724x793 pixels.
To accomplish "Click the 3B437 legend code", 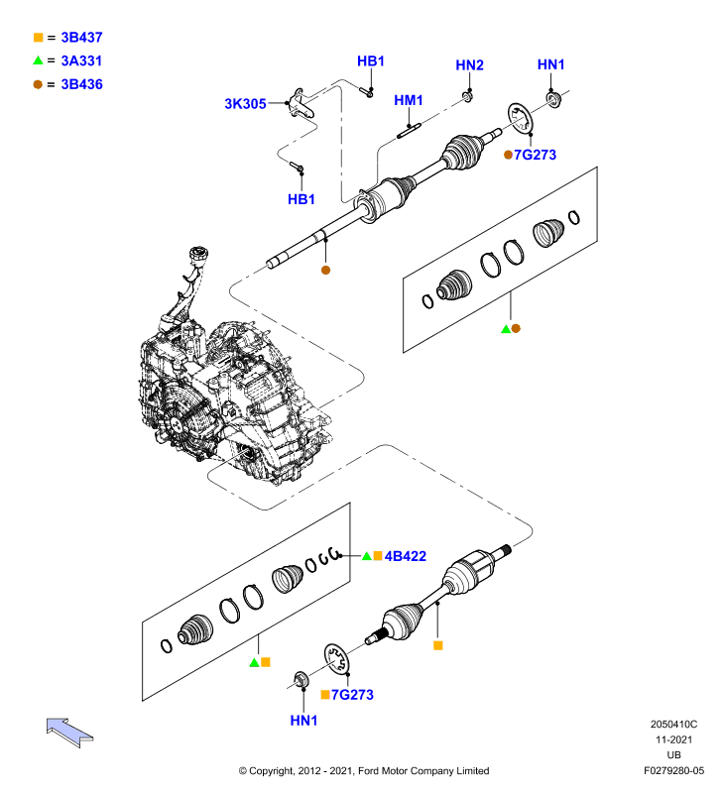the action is [x=81, y=38].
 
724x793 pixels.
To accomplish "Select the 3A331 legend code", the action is [x=81, y=60].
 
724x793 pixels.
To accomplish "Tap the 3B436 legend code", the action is [x=81, y=84].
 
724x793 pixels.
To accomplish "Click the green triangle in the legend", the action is [x=38, y=60].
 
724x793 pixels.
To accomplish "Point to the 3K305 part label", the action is [x=245, y=104].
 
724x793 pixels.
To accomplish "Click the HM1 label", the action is [x=409, y=100].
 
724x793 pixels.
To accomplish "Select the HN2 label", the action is [x=469, y=64].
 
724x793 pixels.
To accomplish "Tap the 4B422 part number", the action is [x=406, y=556].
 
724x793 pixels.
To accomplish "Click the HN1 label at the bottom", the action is [x=303, y=721].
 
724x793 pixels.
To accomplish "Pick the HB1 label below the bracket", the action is [x=302, y=199].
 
